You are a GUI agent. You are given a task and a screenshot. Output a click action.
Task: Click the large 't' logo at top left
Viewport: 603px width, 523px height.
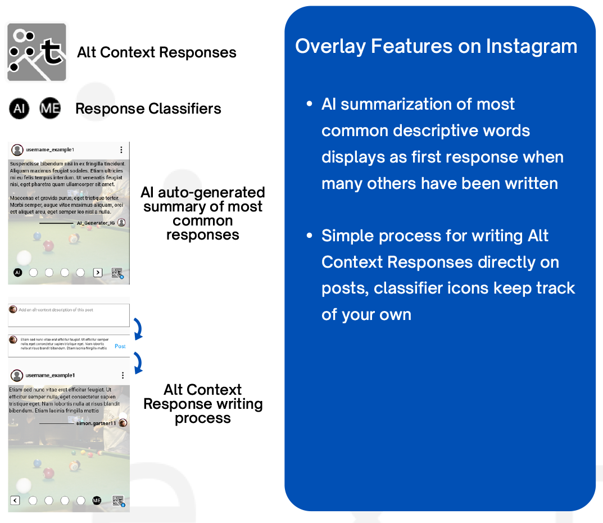click(37, 52)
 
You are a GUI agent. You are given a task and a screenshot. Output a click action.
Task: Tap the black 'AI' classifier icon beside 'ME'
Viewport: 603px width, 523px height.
click(19, 109)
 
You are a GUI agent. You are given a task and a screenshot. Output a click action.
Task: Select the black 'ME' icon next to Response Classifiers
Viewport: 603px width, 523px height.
click(50, 109)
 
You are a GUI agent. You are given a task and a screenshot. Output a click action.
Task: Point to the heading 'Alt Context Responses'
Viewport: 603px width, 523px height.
click(157, 53)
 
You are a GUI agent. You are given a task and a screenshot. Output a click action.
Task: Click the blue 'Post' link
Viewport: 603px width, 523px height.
click(120, 346)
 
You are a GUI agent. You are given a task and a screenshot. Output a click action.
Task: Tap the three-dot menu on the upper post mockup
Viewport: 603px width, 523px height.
click(121, 150)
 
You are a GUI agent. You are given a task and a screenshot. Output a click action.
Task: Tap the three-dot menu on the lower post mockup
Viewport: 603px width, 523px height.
click(123, 375)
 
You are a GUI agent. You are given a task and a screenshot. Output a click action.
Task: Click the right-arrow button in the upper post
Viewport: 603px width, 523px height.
click(98, 273)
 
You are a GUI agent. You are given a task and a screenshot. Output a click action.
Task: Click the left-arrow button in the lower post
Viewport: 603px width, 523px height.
click(15, 501)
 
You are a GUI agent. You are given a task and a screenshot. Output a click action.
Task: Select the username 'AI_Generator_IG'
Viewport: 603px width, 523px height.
click(95, 223)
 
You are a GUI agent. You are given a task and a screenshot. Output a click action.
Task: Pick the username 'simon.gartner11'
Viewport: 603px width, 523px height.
click(96, 423)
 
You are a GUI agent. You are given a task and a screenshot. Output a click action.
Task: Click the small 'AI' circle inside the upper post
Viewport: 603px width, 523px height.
click(17, 273)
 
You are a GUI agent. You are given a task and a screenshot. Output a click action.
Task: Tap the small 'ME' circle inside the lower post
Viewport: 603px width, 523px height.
click(97, 501)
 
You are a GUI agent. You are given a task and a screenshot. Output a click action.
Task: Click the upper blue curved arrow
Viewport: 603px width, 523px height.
click(137, 328)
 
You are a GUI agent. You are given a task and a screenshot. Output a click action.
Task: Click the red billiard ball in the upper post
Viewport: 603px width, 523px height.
click(48, 246)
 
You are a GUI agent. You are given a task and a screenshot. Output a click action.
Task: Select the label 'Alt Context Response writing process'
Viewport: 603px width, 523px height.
click(202, 404)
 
